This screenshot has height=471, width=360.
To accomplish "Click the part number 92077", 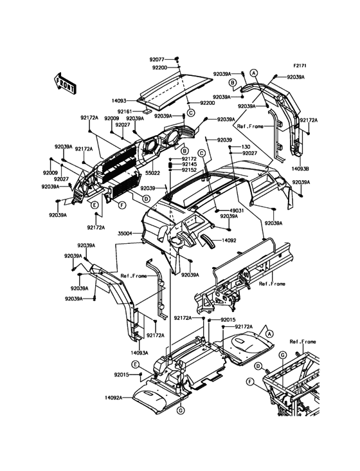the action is pos(157,59).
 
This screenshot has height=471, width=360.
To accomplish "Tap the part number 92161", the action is pos(125,111).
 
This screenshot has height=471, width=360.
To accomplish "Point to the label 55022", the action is pos(153,173).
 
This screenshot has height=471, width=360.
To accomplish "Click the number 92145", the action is pos(189,164).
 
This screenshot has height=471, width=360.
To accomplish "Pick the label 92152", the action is pos(189,170).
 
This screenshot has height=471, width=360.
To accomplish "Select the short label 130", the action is pos(246,147).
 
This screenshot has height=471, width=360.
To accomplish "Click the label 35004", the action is pos(125,233).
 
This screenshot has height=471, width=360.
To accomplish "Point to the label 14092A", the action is pos(114,398).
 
